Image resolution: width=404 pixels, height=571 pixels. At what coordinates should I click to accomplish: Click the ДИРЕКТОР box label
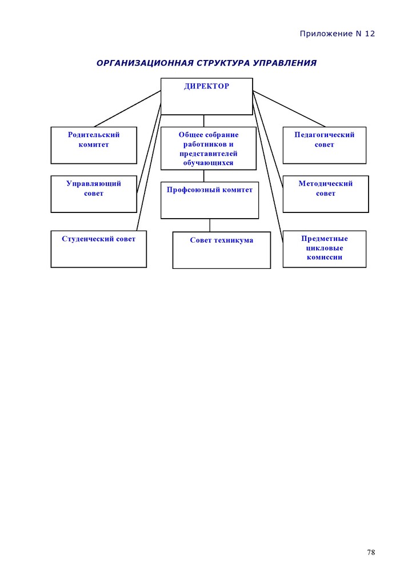[206, 86]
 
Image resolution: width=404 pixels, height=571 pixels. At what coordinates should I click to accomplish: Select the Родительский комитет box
[94, 145]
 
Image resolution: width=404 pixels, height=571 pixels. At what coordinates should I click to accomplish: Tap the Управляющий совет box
[94, 194]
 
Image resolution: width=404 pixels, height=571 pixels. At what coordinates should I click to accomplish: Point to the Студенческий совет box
[98, 249]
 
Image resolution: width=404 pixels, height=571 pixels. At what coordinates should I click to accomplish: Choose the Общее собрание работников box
[209, 148]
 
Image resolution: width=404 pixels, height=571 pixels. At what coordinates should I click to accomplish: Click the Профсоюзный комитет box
[210, 200]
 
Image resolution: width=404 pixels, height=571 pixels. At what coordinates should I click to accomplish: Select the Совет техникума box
[222, 250]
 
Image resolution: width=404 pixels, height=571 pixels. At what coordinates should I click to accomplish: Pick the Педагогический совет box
[324, 145]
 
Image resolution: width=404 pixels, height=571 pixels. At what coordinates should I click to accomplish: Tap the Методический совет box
[326, 194]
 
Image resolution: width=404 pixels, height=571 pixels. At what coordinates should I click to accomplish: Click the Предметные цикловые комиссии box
[324, 249]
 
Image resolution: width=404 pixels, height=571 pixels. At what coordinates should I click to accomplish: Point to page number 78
[371, 552]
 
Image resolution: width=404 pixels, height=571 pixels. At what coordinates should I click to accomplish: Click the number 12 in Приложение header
[370, 34]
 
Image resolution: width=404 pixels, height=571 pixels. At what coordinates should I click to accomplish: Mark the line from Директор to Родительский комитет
[127, 108]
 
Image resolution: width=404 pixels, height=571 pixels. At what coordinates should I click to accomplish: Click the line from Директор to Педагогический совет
[289, 108]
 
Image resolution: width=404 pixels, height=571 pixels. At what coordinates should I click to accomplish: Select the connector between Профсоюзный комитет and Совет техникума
[210, 225]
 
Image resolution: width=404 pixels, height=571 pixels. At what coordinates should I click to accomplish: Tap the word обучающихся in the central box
[208, 163]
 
